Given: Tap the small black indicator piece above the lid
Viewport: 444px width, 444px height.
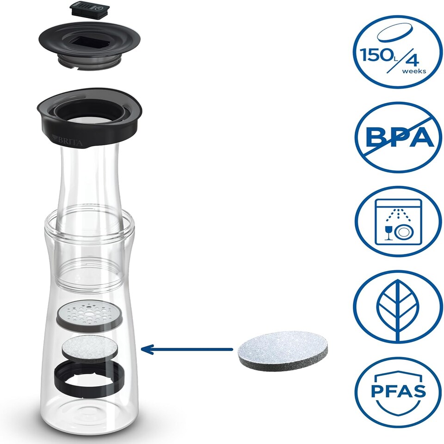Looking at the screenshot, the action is pos(89,9).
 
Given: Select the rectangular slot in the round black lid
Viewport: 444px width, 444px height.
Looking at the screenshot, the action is pos(91,42).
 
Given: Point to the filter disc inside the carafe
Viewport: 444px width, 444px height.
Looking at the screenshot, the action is pos(89,350).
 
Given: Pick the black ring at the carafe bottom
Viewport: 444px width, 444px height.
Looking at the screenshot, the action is pos(89,378).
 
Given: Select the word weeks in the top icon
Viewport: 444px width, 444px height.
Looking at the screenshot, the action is pos(414,71).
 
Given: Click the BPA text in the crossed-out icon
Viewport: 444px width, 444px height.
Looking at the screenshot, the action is pos(400,137).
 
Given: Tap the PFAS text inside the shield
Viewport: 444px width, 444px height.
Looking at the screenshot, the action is pos(398,391).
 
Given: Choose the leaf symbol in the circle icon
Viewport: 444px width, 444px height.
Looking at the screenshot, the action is pos(398,310).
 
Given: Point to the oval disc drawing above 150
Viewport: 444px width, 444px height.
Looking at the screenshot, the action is pos(395,33).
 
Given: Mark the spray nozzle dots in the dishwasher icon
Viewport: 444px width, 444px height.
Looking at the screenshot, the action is pos(398,215).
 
